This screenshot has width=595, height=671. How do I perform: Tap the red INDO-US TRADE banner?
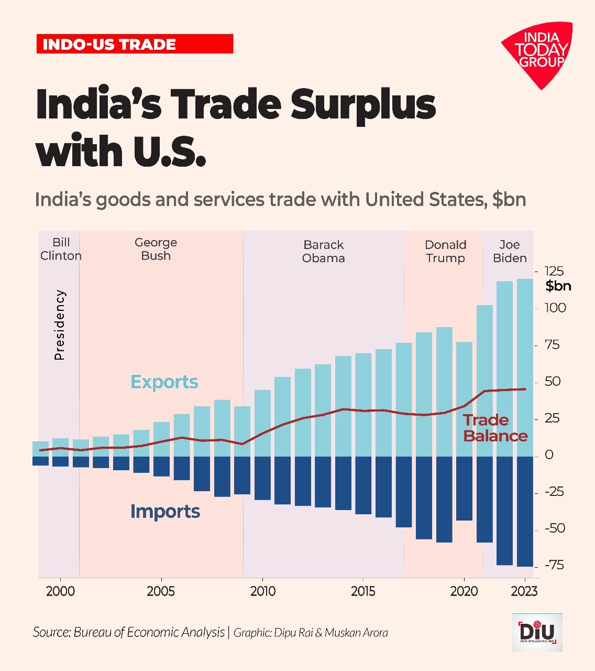click(x=135, y=44)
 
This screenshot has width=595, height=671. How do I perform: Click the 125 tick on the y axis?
click(x=554, y=271)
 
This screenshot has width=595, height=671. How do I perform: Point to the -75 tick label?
click(x=554, y=565)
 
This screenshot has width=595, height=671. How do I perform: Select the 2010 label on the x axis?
click(x=263, y=591)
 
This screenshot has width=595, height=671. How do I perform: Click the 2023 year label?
click(x=524, y=591)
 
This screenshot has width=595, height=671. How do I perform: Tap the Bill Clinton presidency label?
click(x=61, y=249)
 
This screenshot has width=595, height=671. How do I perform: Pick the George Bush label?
click(x=156, y=249)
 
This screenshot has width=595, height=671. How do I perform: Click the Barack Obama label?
click(x=324, y=252)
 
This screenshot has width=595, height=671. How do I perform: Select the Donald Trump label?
click(x=445, y=252)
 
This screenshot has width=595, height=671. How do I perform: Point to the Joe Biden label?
click(x=510, y=252)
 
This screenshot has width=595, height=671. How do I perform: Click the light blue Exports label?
click(x=164, y=382)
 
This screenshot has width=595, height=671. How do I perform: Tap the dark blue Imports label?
click(x=166, y=511)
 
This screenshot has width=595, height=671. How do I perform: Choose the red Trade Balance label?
click(x=495, y=428)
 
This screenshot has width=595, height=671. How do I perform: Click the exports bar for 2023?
click(x=525, y=367)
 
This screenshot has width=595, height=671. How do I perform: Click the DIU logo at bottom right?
click(x=537, y=632)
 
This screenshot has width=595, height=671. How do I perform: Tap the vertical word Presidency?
click(x=60, y=325)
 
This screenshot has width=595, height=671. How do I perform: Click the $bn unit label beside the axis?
click(x=558, y=286)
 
